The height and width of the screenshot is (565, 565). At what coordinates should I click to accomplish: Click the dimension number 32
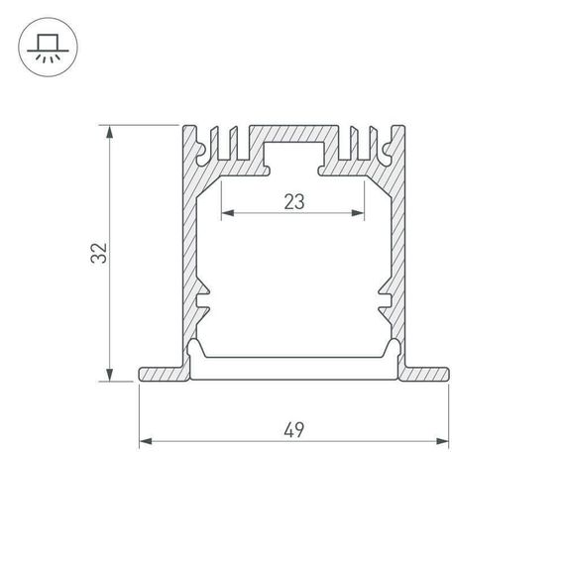point(97,254)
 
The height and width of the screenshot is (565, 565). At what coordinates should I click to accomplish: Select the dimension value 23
point(292,202)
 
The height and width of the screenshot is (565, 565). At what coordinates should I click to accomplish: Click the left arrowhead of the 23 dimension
point(225,213)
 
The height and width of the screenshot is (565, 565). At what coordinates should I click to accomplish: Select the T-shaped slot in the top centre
point(292,155)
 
